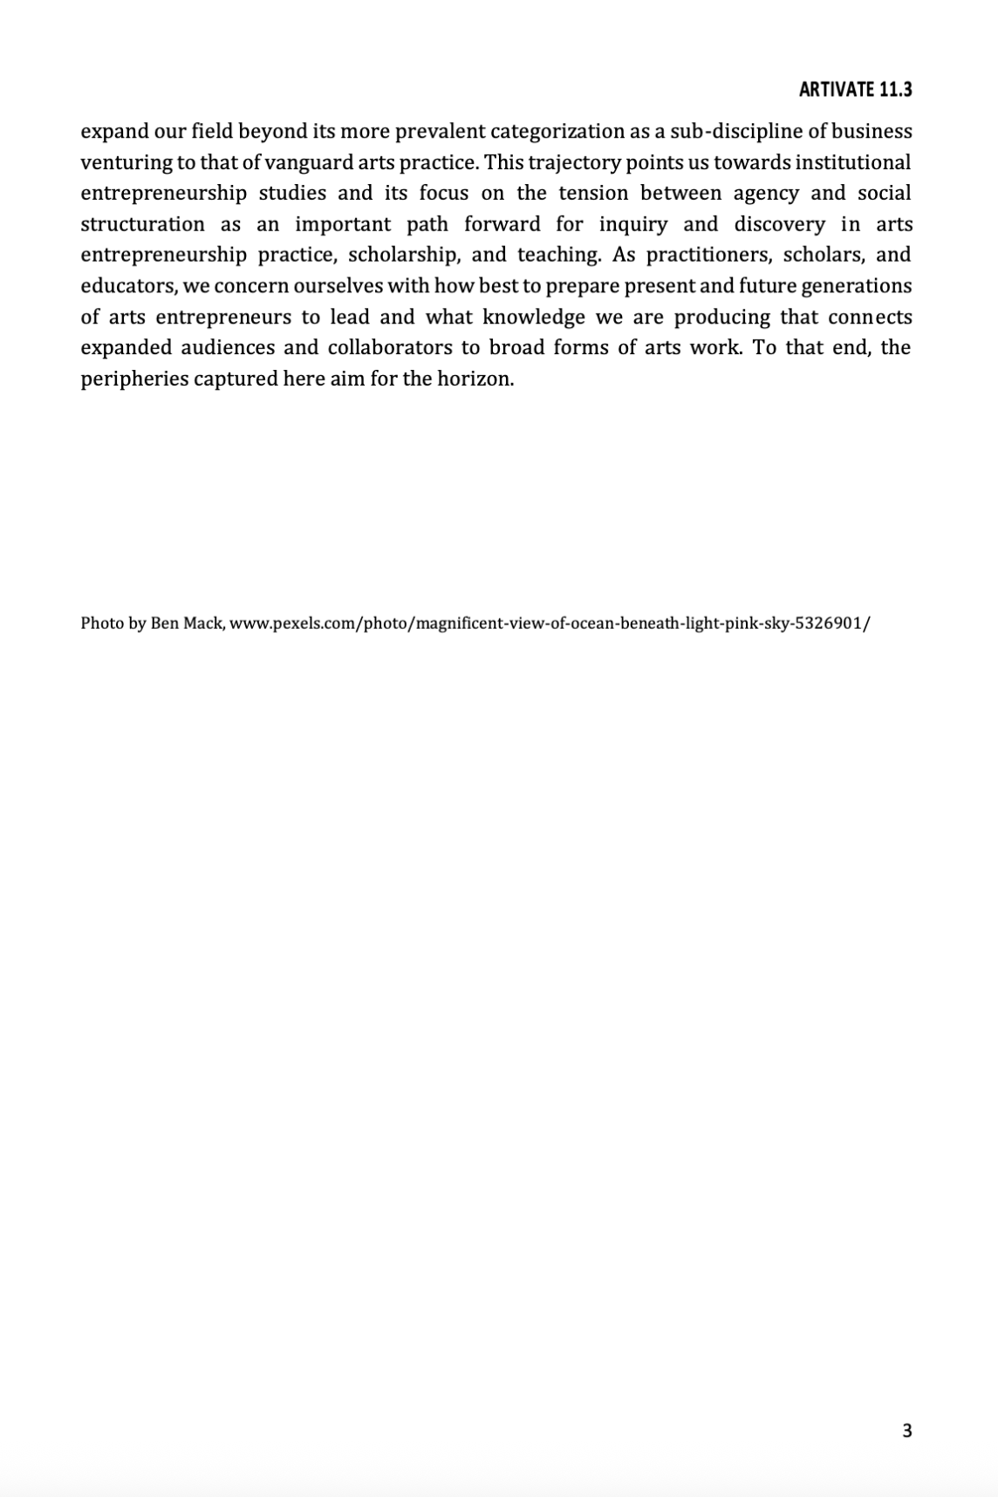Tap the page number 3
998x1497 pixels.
907,1431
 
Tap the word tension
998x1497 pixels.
592,193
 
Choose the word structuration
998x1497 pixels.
142,224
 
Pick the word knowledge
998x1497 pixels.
533,317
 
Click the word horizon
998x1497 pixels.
478,379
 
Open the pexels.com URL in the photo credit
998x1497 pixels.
550,624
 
